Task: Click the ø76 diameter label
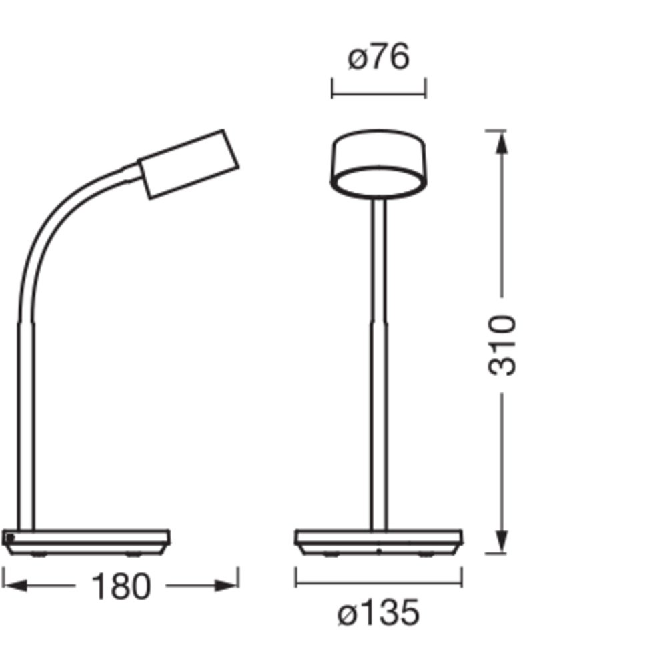(379, 56)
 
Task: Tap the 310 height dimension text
(502, 345)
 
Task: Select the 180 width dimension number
(121, 586)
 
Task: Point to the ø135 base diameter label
(378, 612)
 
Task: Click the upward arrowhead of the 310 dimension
(502, 143)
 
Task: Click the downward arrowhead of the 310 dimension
(502, 542)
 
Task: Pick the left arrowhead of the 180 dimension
(15, 586)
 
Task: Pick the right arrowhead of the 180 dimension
(225, 586)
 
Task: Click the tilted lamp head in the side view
(189, 164)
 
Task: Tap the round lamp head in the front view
(378, 164)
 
